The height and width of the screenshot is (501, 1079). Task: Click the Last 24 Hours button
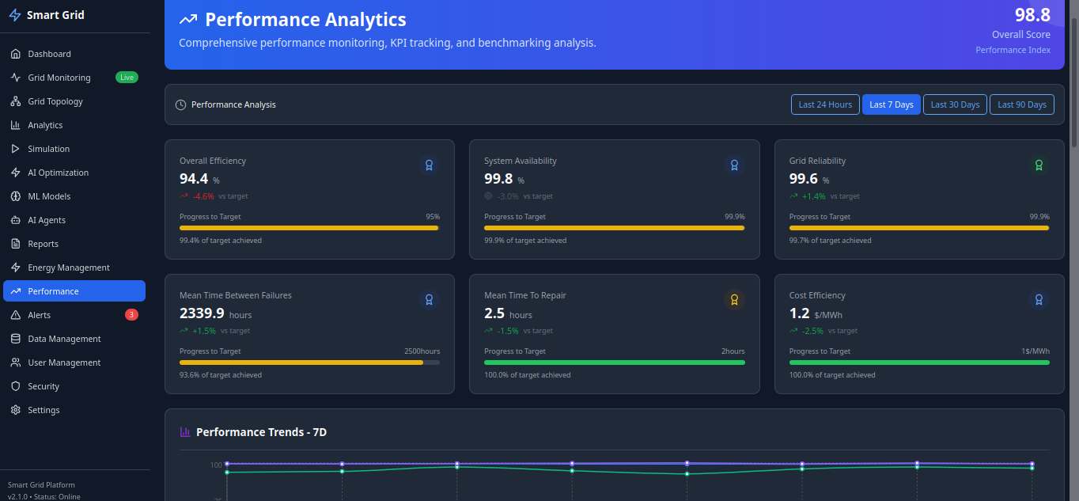tap(825, 104)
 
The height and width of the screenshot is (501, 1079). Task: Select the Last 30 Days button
tap(955, 104)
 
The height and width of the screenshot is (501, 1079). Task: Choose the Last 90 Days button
tap(1021, 104)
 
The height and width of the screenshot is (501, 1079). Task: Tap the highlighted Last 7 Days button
tap(891, 104)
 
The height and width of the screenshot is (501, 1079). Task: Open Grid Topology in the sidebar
tap(55, 101)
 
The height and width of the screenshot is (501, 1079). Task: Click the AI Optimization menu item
tap(58, 173)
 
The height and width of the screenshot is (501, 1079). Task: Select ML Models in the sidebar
tap(49, 196)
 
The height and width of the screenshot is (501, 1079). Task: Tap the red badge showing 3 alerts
tap(131, 315)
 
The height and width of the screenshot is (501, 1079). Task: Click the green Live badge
tap(127, 78)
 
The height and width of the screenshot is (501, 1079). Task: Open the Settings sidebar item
tap(44, 410)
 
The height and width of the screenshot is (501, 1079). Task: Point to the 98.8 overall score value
tap(1032, 15)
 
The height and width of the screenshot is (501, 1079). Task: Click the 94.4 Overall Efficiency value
tap(194, 179)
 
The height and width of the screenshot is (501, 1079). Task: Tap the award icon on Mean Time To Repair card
tap(734, 299)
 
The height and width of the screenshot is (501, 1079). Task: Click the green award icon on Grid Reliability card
tap(1039, 165)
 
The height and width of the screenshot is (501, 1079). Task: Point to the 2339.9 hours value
tap(202, 313)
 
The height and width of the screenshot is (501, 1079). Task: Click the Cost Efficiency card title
tap(817, 295)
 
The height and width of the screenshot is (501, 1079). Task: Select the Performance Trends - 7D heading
tap(261, 432)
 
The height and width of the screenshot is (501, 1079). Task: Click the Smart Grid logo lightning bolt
tap(15, 15)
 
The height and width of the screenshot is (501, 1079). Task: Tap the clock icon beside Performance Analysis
tap(180, 104)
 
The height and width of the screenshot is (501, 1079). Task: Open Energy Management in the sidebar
tap(69, 268)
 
